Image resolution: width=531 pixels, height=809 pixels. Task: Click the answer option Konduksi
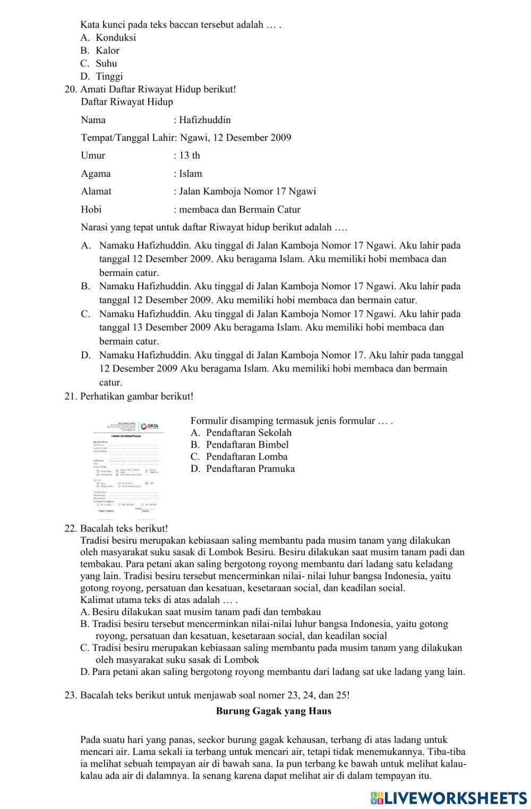click(116, 37)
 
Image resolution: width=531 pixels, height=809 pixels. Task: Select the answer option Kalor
click(107, 50)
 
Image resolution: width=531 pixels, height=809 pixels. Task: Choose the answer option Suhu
click(106, 63)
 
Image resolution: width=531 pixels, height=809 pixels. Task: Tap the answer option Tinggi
click(109, 76)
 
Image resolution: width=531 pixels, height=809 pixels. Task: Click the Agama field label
click(96, 174)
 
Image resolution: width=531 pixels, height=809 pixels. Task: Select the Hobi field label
click(91, 209)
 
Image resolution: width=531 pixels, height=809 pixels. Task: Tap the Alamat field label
click(96, 191)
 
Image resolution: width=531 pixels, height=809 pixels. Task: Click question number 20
click(71, 89)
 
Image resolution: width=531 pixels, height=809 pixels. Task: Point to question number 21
click(71, 396)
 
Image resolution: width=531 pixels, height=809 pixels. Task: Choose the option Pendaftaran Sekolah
click(249, 432)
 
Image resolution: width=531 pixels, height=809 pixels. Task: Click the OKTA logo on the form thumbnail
click(149, 426)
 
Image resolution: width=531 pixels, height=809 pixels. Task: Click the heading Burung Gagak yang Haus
click(273, 711)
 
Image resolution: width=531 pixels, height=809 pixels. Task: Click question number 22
click(71, 529)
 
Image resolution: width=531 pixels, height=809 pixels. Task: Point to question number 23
click(71, 695)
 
